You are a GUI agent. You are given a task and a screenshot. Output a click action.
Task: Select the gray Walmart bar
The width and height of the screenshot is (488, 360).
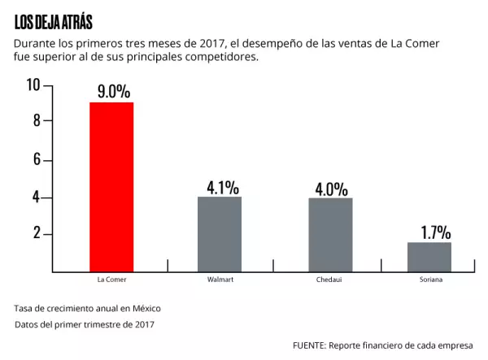[220, 233]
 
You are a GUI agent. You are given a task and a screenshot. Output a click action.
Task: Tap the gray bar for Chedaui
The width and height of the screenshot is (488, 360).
[330, 234]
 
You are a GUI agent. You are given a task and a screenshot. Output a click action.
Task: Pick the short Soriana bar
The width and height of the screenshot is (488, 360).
[429, 256]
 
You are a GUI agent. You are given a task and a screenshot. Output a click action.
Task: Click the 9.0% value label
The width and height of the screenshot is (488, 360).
[111, 89]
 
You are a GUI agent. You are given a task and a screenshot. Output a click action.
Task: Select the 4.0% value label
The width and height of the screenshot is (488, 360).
[331, 189]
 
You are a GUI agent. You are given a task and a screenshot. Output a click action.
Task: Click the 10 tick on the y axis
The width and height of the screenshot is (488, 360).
[33, 85]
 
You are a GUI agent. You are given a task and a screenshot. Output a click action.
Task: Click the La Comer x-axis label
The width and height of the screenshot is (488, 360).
[111, 280]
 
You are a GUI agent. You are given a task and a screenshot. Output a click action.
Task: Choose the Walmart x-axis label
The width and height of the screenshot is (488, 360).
[220, 280]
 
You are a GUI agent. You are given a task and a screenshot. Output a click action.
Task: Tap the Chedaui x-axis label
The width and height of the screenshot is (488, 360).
[329, 280]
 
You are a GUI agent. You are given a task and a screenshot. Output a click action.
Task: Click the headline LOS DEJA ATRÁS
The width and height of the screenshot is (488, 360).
[54, 22]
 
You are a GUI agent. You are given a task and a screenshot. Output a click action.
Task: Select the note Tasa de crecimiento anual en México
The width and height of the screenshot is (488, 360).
[88, 309]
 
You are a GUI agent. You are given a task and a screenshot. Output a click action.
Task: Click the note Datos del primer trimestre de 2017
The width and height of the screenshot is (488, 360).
[85, 325]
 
